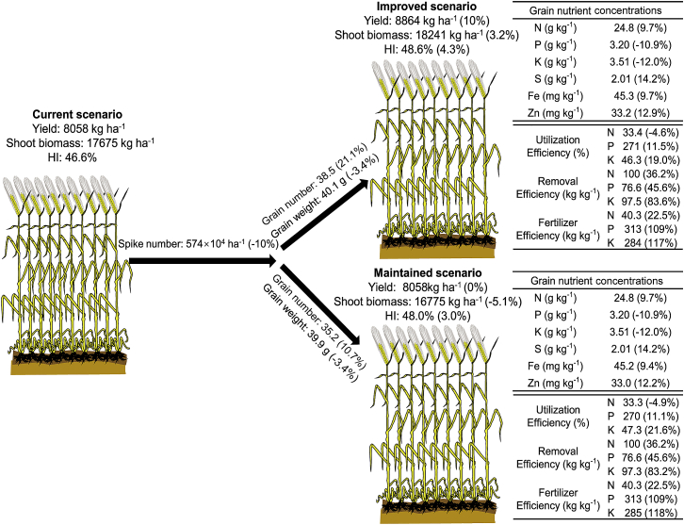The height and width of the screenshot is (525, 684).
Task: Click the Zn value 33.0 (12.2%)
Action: pos(635,384)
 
